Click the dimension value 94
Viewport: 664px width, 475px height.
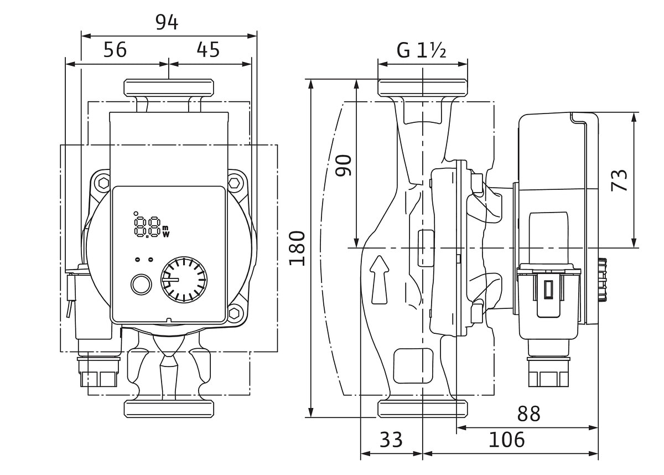coord(167,23)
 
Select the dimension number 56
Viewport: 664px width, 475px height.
coord(115,49)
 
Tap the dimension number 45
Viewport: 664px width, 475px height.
coord(208,49)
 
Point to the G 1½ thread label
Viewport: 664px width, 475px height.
coord(421,50)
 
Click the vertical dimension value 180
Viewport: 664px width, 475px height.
coord(297,248)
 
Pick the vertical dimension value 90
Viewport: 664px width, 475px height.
coord(343,166)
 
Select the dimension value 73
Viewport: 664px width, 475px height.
coord(619,180)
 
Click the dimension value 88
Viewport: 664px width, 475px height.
coord(528,414)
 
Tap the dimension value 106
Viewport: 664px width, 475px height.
coord(507,440)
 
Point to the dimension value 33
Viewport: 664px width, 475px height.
coord(391,440)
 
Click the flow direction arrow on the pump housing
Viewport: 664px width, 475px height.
coord(379,280)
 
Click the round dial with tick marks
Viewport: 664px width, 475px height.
coord(184,280)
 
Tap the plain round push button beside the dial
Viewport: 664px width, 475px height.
coord(141,285)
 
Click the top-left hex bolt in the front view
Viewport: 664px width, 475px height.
coord(104,183)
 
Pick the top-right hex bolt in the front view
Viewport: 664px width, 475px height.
coord(234,183)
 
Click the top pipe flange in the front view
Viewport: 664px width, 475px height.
coord(169,88)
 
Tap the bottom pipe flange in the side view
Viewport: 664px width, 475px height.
coord(423,409)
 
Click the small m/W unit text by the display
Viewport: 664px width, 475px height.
coord(166,231)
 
